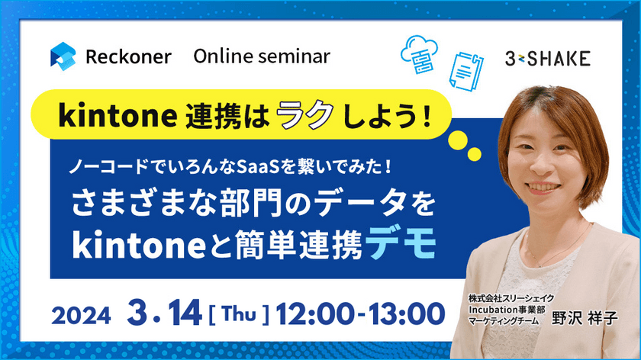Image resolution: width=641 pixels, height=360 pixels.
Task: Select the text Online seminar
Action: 262,56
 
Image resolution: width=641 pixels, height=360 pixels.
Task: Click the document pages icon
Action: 467,70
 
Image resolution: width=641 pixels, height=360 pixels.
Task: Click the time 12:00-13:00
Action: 361,313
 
